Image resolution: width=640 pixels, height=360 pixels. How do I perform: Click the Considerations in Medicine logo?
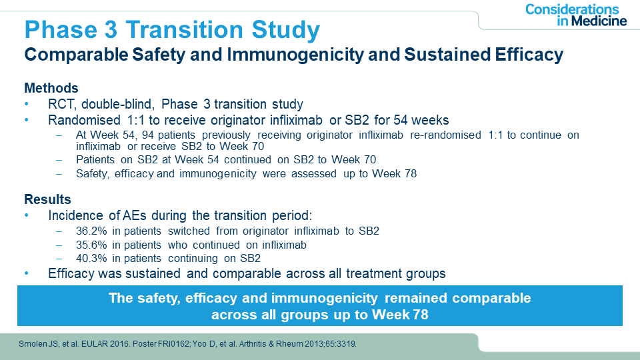pyautogui.click(x=575, y=15)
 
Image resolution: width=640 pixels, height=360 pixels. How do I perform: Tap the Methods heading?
pyautogui.click(x=51, y=88)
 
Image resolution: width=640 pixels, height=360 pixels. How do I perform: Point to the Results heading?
pyautogui.click(x=47, y=199)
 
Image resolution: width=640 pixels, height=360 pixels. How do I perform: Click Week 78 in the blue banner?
pyautogui.click(x=401, y=314)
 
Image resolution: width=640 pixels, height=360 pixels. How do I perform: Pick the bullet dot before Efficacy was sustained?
pyautogui.click(x=27, y=273)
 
